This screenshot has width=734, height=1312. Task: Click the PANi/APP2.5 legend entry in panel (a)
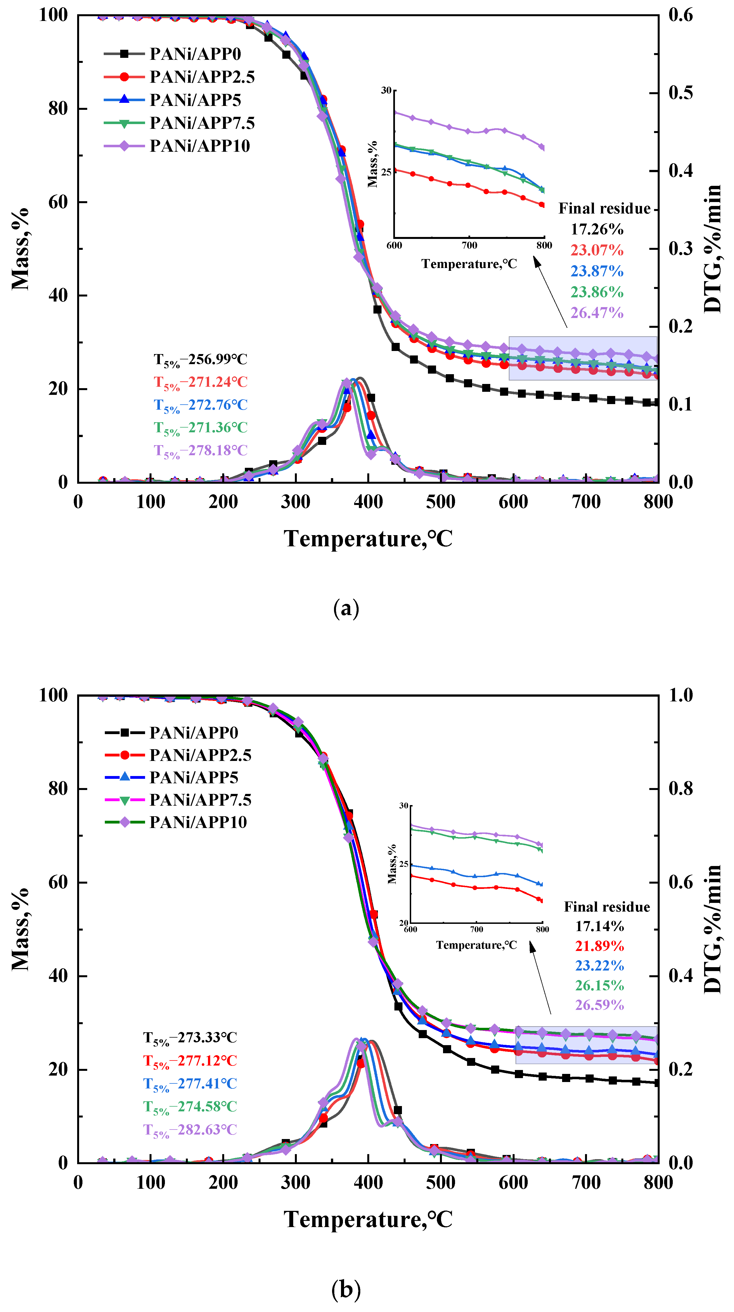pyautogui.click(x=202, y=77)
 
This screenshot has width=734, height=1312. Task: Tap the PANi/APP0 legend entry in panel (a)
pyautogui.click(x=195, y=54)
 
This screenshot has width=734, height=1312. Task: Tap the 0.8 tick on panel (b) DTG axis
pyautogui.click(x=681, y=788)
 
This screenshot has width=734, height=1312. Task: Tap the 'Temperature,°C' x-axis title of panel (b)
pyautogui.click(x=368, y=1219)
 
